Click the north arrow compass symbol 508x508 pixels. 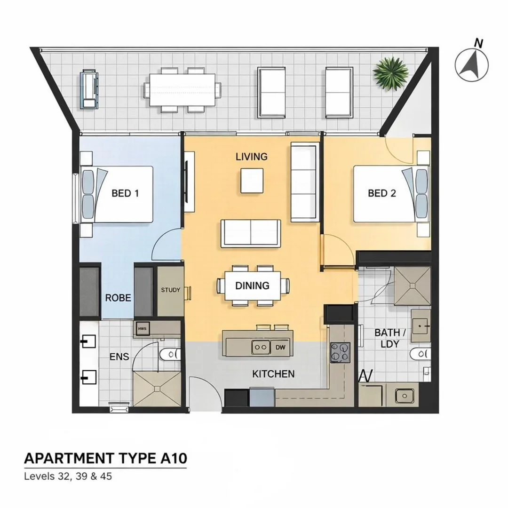pos(472,63)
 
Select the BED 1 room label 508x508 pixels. pos(125,193)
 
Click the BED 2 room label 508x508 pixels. pos(381,193)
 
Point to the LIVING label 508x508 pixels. pos(252,157)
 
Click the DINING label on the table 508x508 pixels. pos(253,286)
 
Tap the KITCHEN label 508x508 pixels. pos(273,374)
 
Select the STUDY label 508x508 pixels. pos(170,290)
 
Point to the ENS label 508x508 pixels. pos(119,357)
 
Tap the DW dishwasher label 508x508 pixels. pos(280,348)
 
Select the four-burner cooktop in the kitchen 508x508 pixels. pos(341,352)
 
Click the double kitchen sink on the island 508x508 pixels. pos(261,348)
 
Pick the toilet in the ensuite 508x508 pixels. pos(170,354)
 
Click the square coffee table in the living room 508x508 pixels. pos(252,181)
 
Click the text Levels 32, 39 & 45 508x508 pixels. pos(68,476)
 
